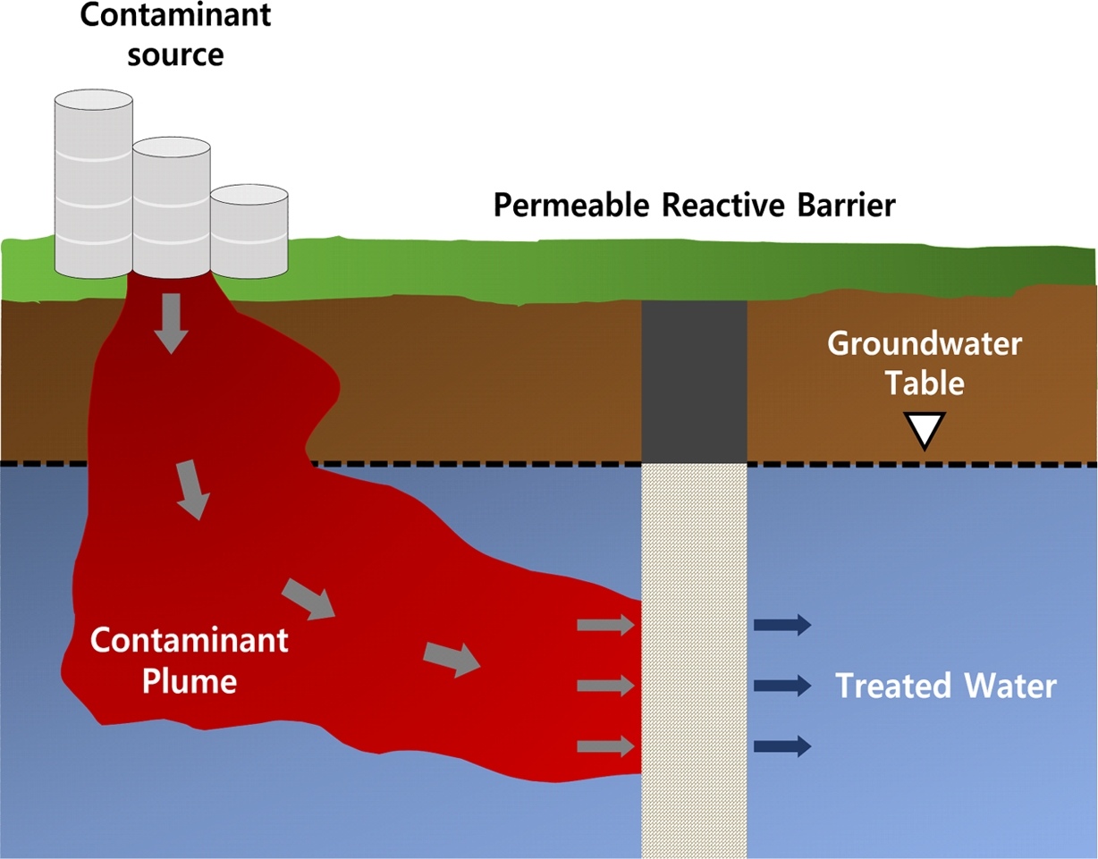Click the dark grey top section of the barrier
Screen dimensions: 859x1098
[694, 380]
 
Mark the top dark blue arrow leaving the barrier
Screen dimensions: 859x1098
[782, 625]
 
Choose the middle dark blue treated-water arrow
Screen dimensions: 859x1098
[782, 686]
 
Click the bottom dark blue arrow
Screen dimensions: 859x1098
[782, 745]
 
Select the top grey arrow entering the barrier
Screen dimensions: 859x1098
[605, 625]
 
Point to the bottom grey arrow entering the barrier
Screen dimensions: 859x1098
[605, 745]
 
